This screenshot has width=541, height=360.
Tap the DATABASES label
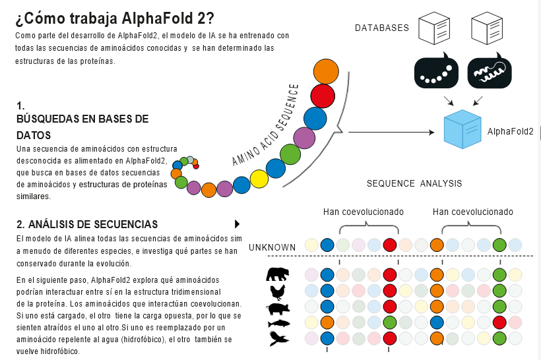click(382, 28)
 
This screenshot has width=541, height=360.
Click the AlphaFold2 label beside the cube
click(511, 132)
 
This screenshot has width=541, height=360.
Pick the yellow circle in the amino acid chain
click(259, 179)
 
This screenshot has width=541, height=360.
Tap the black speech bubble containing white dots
click(436, 72)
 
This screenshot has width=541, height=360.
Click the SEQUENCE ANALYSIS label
click(414, 183)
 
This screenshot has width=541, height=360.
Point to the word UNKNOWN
click(272, 247)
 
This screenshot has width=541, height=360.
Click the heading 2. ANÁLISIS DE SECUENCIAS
click(87, 224)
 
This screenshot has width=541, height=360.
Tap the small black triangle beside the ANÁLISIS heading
click(237, 224)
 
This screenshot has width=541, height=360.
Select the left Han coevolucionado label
click(364, 212)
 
